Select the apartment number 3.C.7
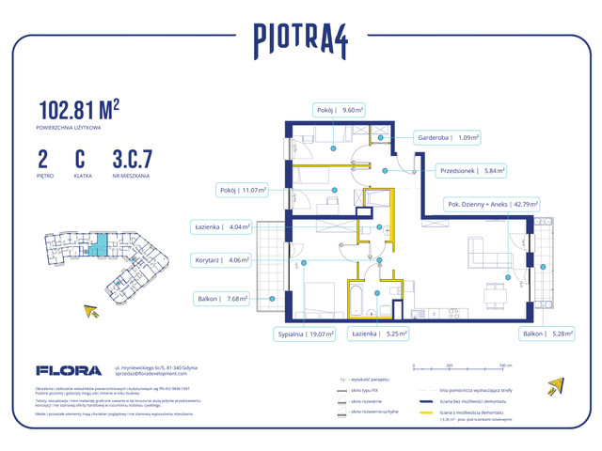[x=132, y=159]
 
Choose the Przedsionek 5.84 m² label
[x=471, y=171]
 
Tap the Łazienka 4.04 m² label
[x=222, y=226]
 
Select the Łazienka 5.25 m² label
[x=380, y=333]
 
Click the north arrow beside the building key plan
[x=91, y=311]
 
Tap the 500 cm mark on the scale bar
[x=504, y=365]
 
